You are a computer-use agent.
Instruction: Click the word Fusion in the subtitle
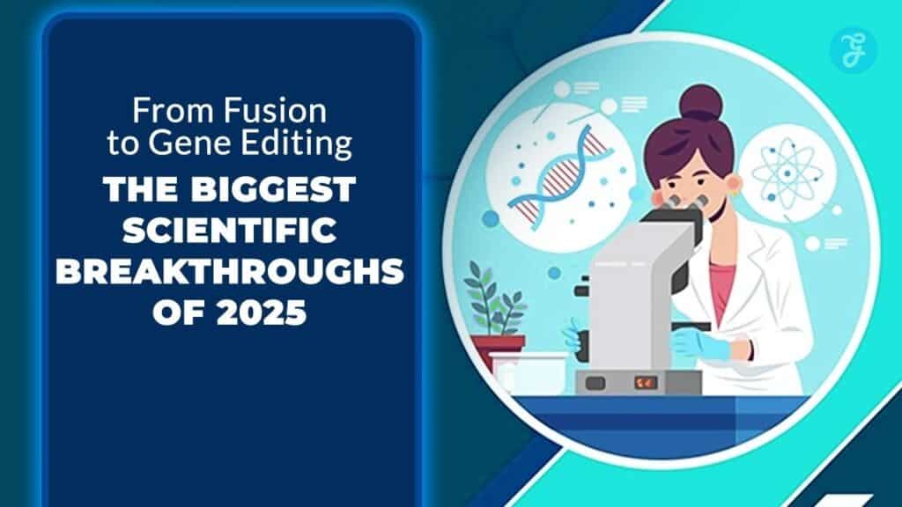pos(286,112)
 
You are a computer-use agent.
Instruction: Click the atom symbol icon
pos(784,171)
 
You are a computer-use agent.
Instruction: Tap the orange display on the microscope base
pos(646,383)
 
